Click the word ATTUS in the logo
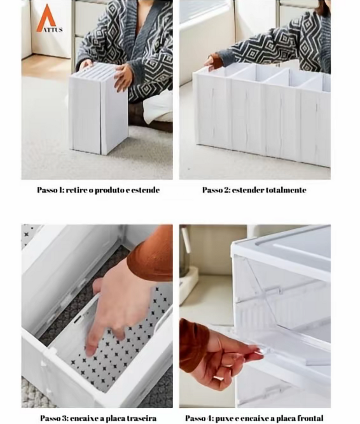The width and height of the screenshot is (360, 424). click(x=53, y=30)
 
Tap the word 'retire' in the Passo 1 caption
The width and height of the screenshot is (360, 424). click(x=75, y=190)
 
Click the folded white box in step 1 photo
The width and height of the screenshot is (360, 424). click(x=98, y=109)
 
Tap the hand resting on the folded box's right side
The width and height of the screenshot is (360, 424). click(x=123, y=77)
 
